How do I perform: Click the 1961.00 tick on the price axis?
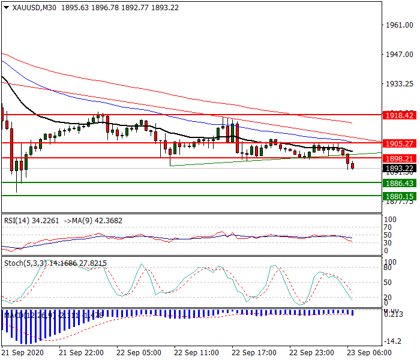pos(400,25)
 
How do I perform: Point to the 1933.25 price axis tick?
pos(400,84)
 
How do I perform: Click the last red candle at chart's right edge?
pos(352,166)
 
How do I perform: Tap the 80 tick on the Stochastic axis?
pos(388,268)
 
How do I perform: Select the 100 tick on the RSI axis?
pos(390,220)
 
